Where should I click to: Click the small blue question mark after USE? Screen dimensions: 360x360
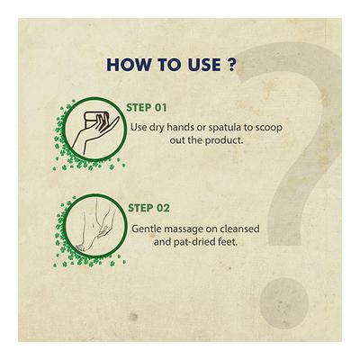click(x=230, y=65)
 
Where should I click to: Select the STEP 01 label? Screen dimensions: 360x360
click(x=146, y=107)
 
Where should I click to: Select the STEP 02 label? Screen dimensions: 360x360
click(x=148, y=208)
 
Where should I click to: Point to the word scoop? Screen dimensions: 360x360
click(x=269, y=127)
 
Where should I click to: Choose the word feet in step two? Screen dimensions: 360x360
click(x=229, y=242)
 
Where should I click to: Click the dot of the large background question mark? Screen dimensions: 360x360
click(x=283, y=299)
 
